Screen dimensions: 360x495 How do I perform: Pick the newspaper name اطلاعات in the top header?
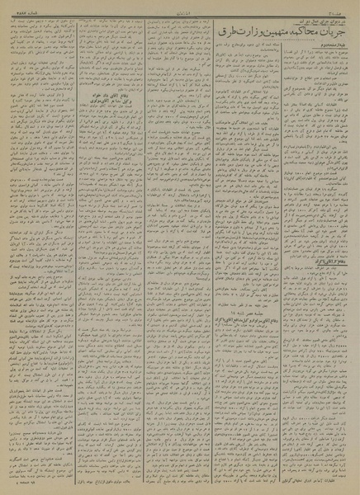[x=180, y=5]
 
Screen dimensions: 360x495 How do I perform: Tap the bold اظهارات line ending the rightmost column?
[x=314, y=478]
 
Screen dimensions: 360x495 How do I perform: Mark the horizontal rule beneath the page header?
[x=180, y=10]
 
